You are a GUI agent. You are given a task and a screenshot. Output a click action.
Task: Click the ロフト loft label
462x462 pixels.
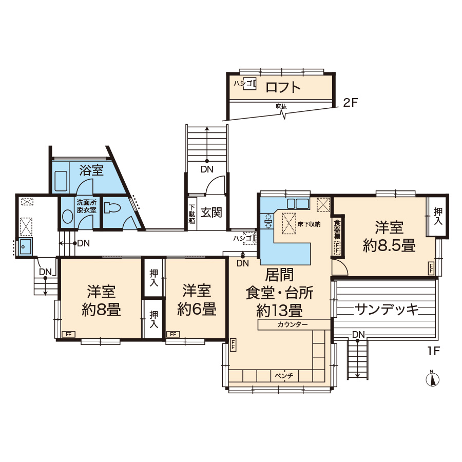(x=283, y=87)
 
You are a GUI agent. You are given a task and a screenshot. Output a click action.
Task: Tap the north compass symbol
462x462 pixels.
(x=432, y=379)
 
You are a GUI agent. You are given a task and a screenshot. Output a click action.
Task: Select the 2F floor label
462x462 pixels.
(x=350, y=103)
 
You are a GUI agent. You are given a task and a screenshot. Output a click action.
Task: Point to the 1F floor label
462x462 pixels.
(x=434, y=351)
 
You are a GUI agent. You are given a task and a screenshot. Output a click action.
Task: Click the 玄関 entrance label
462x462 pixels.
(x=211, y=212)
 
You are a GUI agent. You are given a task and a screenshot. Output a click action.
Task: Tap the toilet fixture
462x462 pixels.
(x=112, y=207)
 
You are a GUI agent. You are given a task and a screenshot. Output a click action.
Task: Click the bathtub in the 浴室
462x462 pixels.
(x=61, y=181)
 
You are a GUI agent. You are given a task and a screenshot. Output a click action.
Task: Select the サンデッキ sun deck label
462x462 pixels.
(x=386, y=310)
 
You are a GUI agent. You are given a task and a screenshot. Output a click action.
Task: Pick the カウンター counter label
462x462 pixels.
(x=292, y=325)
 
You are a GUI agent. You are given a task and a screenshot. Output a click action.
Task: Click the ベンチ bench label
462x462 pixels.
(x=284, y=376)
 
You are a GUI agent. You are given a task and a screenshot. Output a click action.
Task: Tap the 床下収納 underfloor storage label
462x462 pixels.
(x=309, y=224)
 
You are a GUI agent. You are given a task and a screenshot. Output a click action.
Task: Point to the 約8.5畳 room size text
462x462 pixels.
(x=389, y=245)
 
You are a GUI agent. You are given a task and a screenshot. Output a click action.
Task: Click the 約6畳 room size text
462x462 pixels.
(x=197, y=309)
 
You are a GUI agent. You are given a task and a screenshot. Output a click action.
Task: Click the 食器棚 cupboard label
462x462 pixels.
(x=337, y=229)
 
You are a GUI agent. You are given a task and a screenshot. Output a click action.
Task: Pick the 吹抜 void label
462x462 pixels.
(x=281, y=106)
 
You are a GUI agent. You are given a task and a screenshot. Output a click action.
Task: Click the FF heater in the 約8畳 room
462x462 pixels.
(x=68, y=334)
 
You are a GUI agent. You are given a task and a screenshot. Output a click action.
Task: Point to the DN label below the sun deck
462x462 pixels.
(x=358, y=334)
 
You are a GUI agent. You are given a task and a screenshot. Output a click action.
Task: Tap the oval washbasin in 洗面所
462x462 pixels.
(x=67, y=217)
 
